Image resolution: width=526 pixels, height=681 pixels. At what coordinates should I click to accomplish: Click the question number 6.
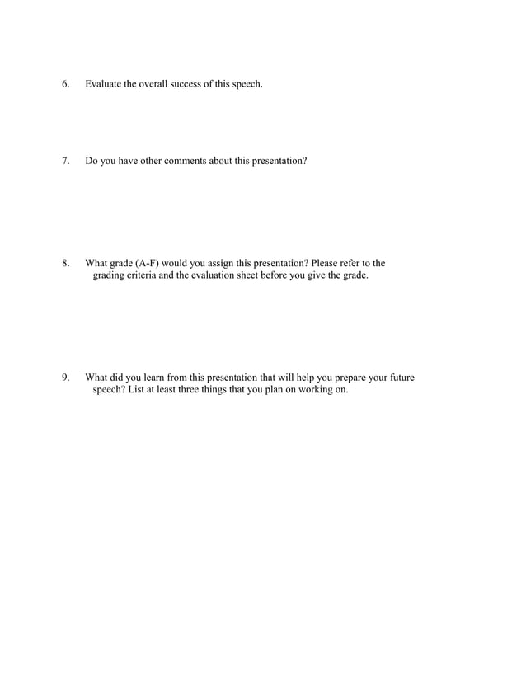(x=65, y=85)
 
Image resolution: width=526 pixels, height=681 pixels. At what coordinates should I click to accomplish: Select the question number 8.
(x=65, y=264)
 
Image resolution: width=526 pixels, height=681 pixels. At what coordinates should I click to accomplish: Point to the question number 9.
(x=65, y=378)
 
